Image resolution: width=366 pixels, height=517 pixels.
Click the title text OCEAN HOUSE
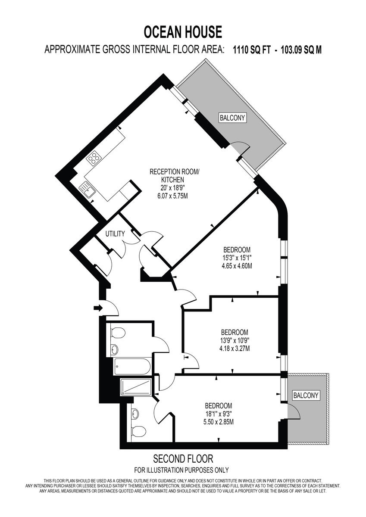[183, 32]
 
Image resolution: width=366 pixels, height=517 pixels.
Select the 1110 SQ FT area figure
[252, 50]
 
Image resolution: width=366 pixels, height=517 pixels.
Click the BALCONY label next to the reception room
[232, 118]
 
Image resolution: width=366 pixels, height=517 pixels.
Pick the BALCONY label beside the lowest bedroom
[306, 395]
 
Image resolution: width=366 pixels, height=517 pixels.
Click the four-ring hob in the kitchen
[93, 159]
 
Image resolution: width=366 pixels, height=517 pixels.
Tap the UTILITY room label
[115, 234]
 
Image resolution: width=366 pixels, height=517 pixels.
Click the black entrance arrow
[98, 308]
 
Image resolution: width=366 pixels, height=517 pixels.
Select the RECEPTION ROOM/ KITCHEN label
[175, 175]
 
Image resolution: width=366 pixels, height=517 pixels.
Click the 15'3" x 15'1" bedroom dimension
[237, 258]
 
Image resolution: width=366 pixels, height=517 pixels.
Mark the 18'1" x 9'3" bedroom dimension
[218, 414]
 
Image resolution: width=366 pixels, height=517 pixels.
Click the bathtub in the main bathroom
[132, 367]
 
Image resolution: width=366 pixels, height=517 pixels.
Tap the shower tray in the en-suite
[136, 386]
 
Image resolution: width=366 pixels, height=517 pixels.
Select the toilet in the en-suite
[138, 431]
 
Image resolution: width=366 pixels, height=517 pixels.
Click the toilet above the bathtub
[118, 332]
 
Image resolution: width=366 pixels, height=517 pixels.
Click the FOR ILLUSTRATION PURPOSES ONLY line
[181, 470]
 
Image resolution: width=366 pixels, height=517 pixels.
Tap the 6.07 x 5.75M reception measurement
[175, 195]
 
